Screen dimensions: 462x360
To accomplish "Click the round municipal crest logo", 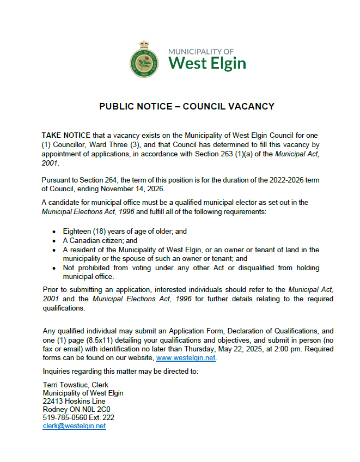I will pyautogui.click(x=145, y=59).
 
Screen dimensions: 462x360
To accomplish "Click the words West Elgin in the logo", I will pyautogui.click(x=207, y=63).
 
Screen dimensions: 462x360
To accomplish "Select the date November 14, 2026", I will pyautogui.click(x=147, y=189).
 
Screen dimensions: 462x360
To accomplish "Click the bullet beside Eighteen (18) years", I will pyautogui.click(x=54, y=232).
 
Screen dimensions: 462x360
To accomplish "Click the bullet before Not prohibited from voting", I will pyautogui.click(x=54, y=268).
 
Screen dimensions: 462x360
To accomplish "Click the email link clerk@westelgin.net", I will pyautogui.click(x=74, y=426).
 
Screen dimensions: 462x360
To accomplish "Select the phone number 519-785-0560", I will pyautogui.click(x=65, y=418).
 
